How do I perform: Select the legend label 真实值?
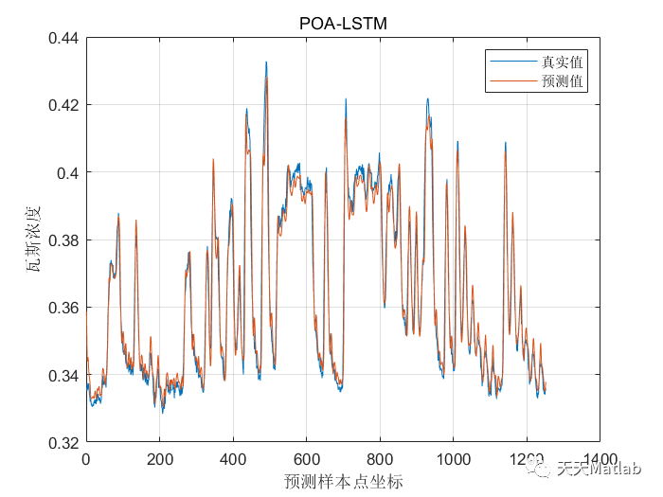pos(561,62)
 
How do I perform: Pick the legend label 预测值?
pos(561,82)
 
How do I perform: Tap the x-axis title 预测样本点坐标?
pos(343,481)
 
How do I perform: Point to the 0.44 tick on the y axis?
pos(63,39)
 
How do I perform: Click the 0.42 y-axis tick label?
pos(63,105)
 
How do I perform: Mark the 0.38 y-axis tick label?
pos(63,240)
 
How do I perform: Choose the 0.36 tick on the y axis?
pos(63,308)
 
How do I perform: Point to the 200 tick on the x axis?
pos(159,460)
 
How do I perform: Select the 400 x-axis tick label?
pos(233,460)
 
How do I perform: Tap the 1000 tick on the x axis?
pos(452,460)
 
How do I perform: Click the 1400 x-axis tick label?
pos(598,460)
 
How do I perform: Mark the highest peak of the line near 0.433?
pos(266,62)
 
